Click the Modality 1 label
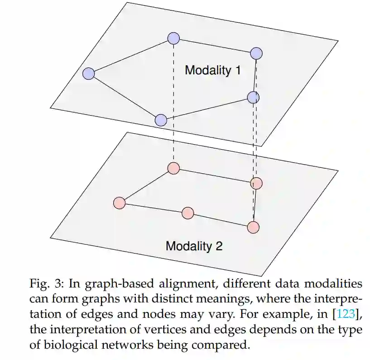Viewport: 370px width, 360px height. (212, 70)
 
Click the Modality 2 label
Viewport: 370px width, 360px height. (194, 246)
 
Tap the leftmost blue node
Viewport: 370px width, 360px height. (89, 73)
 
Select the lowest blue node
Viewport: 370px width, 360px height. (161, 120)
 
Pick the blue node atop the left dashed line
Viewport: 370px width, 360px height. (173, 39)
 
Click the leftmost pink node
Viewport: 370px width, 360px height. (119, 203)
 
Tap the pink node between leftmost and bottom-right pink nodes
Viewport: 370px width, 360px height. (187, 213)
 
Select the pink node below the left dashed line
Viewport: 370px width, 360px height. (173, 168)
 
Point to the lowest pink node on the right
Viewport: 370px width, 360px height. (254, 227)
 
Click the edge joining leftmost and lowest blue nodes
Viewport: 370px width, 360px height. (125, 97)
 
